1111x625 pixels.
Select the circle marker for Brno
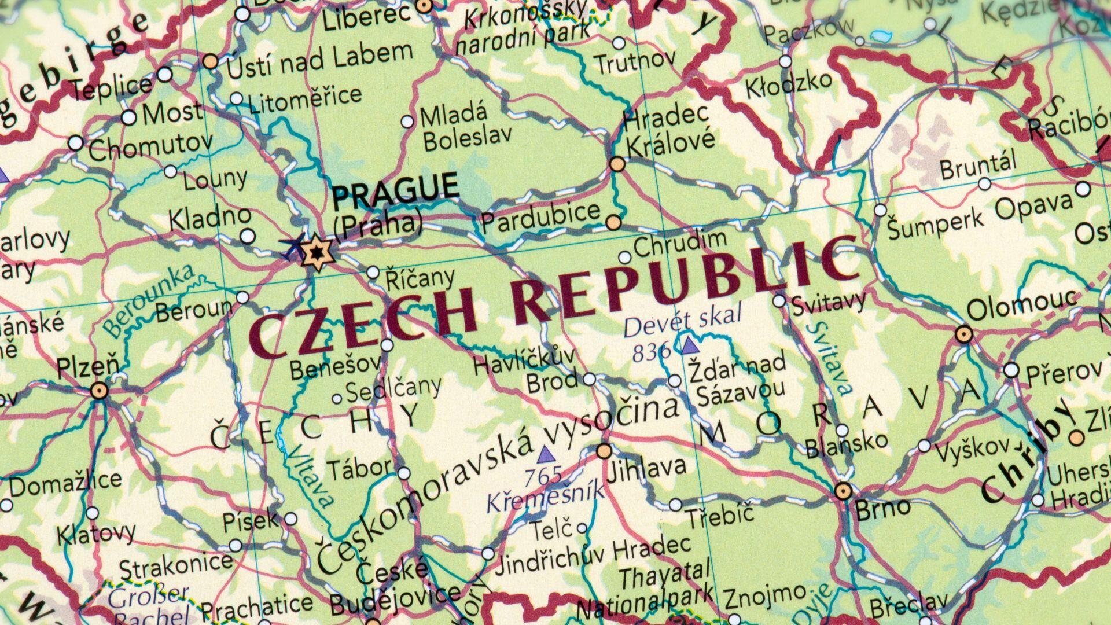click(843, 491)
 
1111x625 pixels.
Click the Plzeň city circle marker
click(100, 391)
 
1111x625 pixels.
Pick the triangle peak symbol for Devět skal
click(689, 346)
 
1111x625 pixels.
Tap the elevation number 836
click(652, 352)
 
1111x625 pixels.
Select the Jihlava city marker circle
click(604, 450)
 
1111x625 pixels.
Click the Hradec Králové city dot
click(617, 164)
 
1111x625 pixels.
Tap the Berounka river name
click(149, 300)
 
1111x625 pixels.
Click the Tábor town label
click(360, 468)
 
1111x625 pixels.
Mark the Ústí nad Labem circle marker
click(211, 61)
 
